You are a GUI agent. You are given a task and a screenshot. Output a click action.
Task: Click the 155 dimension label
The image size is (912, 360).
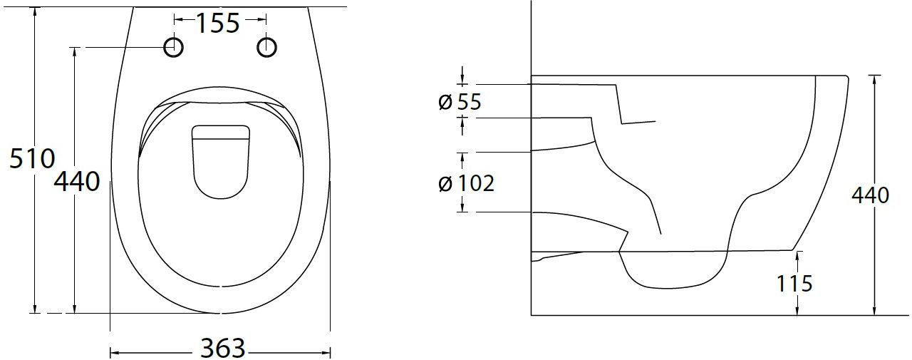218,24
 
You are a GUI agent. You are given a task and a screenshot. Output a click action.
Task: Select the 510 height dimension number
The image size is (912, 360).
32,159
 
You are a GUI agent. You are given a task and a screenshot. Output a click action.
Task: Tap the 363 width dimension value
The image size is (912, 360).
223,348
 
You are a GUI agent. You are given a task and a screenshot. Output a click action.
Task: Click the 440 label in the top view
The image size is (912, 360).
77,182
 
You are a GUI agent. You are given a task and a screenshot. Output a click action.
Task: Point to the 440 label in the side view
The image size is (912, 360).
870,195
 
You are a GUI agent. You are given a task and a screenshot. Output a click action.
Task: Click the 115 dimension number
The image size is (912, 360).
794,284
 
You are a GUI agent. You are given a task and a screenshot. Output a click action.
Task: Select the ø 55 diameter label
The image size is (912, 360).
460,102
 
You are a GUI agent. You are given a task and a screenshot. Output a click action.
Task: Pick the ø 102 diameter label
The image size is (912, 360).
467,183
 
